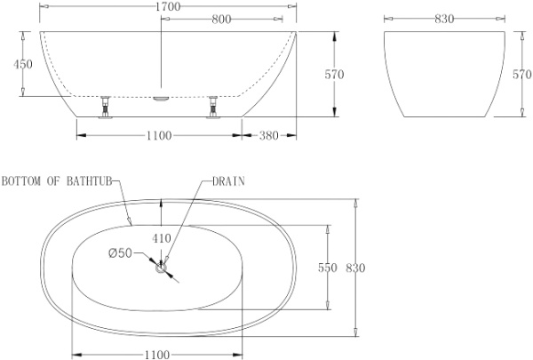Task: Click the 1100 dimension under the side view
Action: [x=156, y=135]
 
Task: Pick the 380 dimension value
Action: [x=268, y=135]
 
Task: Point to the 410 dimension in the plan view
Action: [x=160, y=238]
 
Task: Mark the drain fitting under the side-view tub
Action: [x=160, y=99]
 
